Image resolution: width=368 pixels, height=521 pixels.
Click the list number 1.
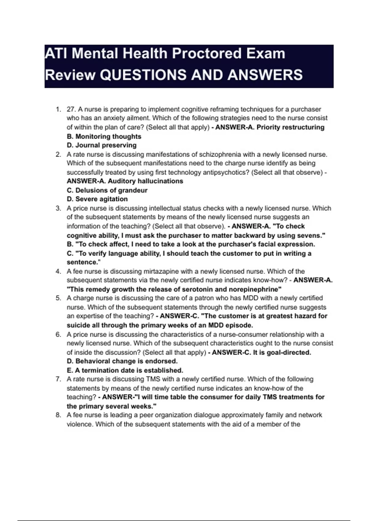(x=58, y=109)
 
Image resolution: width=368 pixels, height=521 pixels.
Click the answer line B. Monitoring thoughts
(x=104, y=136)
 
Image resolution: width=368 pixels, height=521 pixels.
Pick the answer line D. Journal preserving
(x=102, y=145)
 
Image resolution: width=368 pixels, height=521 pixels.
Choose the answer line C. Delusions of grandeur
(x=107, y=190)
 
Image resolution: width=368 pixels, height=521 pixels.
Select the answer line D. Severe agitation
(x=97, y=199)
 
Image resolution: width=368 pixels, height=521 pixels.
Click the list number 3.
(x=58, y=208)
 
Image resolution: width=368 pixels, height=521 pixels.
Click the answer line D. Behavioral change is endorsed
(x=122, y=361)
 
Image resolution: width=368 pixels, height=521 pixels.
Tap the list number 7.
(x=58, y=379)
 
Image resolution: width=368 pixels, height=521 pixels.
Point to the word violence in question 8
(x=80, y=424)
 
